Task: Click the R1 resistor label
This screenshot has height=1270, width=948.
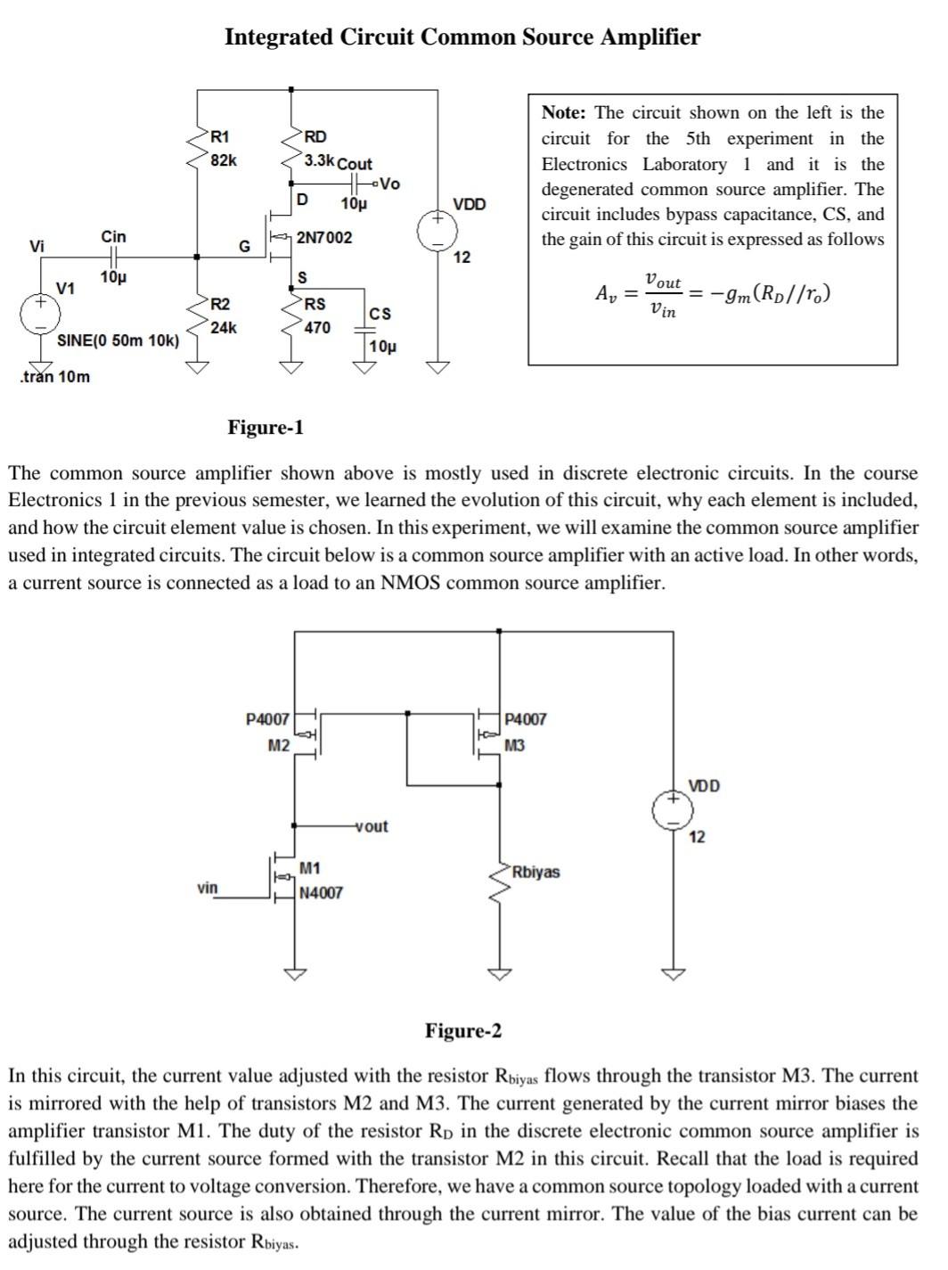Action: coord(219,137)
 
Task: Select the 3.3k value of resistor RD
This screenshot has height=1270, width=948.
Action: coord(319,161)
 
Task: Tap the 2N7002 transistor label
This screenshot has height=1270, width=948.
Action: coord(324,238)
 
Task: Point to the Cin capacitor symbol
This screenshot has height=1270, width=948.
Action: coord(112,257)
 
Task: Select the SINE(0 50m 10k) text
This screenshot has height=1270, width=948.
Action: coord(118,341)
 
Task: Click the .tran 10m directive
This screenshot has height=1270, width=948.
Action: coord(54,376)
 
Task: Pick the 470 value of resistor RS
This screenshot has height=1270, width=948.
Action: coord(317,328)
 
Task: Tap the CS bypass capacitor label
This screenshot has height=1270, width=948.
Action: coord(380,314)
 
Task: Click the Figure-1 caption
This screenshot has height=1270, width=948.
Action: coord(266,428)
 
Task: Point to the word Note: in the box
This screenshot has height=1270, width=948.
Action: coord(565,113)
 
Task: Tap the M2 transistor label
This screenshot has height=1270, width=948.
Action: coord(278,745)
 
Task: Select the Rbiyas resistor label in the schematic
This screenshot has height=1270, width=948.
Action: coord(535,872)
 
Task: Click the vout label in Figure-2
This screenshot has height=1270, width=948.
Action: coord(372,826)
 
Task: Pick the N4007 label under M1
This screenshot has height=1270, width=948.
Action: coord(321,892)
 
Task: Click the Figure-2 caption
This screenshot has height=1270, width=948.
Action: coord(462,1031)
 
